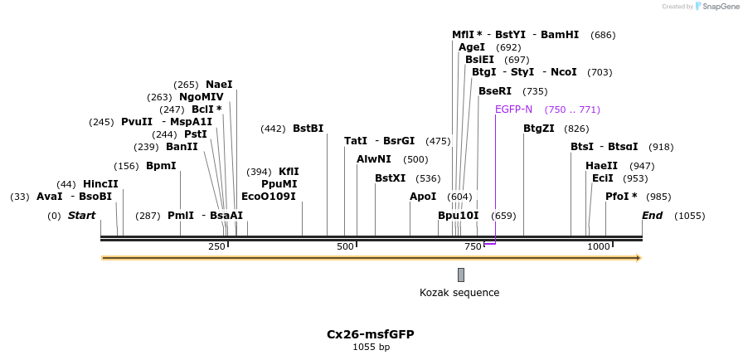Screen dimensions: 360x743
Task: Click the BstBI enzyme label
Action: coord(308,129)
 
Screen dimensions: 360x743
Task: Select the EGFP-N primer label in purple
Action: coord(513,109)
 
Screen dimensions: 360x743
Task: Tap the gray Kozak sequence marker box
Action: coord(461,275)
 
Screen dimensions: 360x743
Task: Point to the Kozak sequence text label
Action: coord(459,293)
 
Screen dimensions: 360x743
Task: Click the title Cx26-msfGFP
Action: coord(370,334)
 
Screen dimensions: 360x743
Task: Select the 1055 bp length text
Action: coord(371,347)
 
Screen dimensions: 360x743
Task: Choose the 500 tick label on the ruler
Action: coord(346,246)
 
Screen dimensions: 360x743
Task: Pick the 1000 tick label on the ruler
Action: coord(599,246)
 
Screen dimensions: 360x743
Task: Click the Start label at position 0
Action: coord(81,216)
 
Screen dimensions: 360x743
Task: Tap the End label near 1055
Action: coord(653,216)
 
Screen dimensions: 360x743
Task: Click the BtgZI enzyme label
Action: coord(539,129)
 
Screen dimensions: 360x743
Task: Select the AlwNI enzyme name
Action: coord(374,159)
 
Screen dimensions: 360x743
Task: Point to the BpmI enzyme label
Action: coord(161,166)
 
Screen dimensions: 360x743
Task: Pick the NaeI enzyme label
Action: coord(219,85)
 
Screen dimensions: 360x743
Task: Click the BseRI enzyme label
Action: coord(495,91)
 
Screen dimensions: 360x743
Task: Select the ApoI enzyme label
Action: coord(423,197)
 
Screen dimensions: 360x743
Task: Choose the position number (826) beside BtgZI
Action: coord(576,129)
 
